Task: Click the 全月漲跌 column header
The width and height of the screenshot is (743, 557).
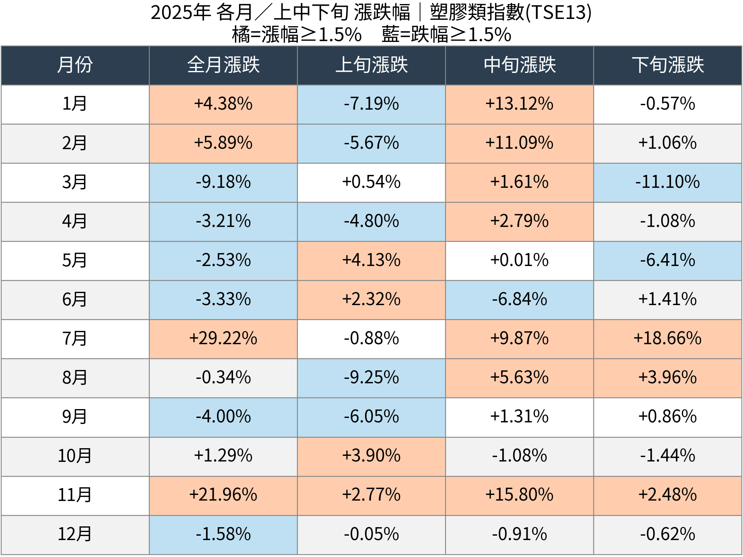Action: (x=223, y=65)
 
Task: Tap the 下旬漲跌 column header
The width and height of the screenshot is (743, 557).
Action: (x=668, y=65)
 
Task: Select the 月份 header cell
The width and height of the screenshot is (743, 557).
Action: (x=75, y=65)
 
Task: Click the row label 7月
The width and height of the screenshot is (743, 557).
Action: (x=75, y=339)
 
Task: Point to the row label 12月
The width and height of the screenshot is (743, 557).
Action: (x=75, y=534)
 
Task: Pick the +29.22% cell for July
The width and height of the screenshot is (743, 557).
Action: (x=223, y=339)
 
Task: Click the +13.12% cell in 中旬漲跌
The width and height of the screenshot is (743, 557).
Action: (x=520, y=104)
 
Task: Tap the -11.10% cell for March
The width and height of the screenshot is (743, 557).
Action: (x=668, y=182)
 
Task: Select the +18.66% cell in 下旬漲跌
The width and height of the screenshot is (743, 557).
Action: (x=668, y=339)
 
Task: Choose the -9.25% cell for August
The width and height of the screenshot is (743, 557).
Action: (x=371, y=378)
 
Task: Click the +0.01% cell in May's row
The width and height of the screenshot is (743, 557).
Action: (x=520, y=260)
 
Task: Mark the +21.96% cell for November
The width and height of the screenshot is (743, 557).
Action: (x=223, y=495)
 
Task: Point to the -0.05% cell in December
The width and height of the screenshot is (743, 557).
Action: (x=371, y=534)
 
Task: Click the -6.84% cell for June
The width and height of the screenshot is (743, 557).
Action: (x=520, y=299)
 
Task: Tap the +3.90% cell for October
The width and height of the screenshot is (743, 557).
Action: (x=371, y=456)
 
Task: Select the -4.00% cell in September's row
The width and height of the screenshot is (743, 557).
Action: (x=223, y=417)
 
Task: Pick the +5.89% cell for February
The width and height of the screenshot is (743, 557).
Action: (x=223, y=143)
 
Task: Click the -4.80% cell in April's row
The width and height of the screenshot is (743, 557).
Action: (x=371, y=221)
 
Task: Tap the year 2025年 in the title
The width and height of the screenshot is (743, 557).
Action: (x=181, y=12)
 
